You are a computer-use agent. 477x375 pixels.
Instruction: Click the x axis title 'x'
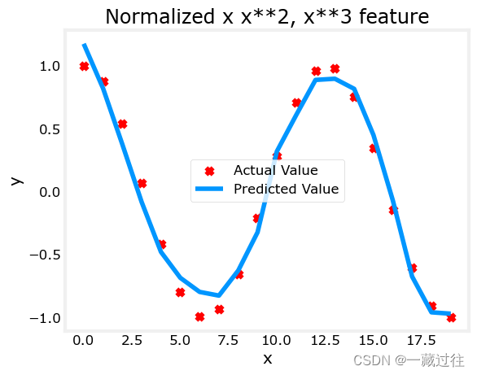coord(266,358)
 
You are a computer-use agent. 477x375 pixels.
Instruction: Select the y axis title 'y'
coord(15,181)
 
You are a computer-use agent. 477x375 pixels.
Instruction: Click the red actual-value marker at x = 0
coord(84,66)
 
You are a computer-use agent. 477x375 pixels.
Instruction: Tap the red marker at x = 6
coord(199,317)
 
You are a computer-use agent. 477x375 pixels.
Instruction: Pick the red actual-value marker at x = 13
coord(335,69)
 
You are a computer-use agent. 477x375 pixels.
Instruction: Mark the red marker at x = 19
coord(451,318)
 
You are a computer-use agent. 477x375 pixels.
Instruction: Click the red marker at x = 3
coord(142,184)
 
